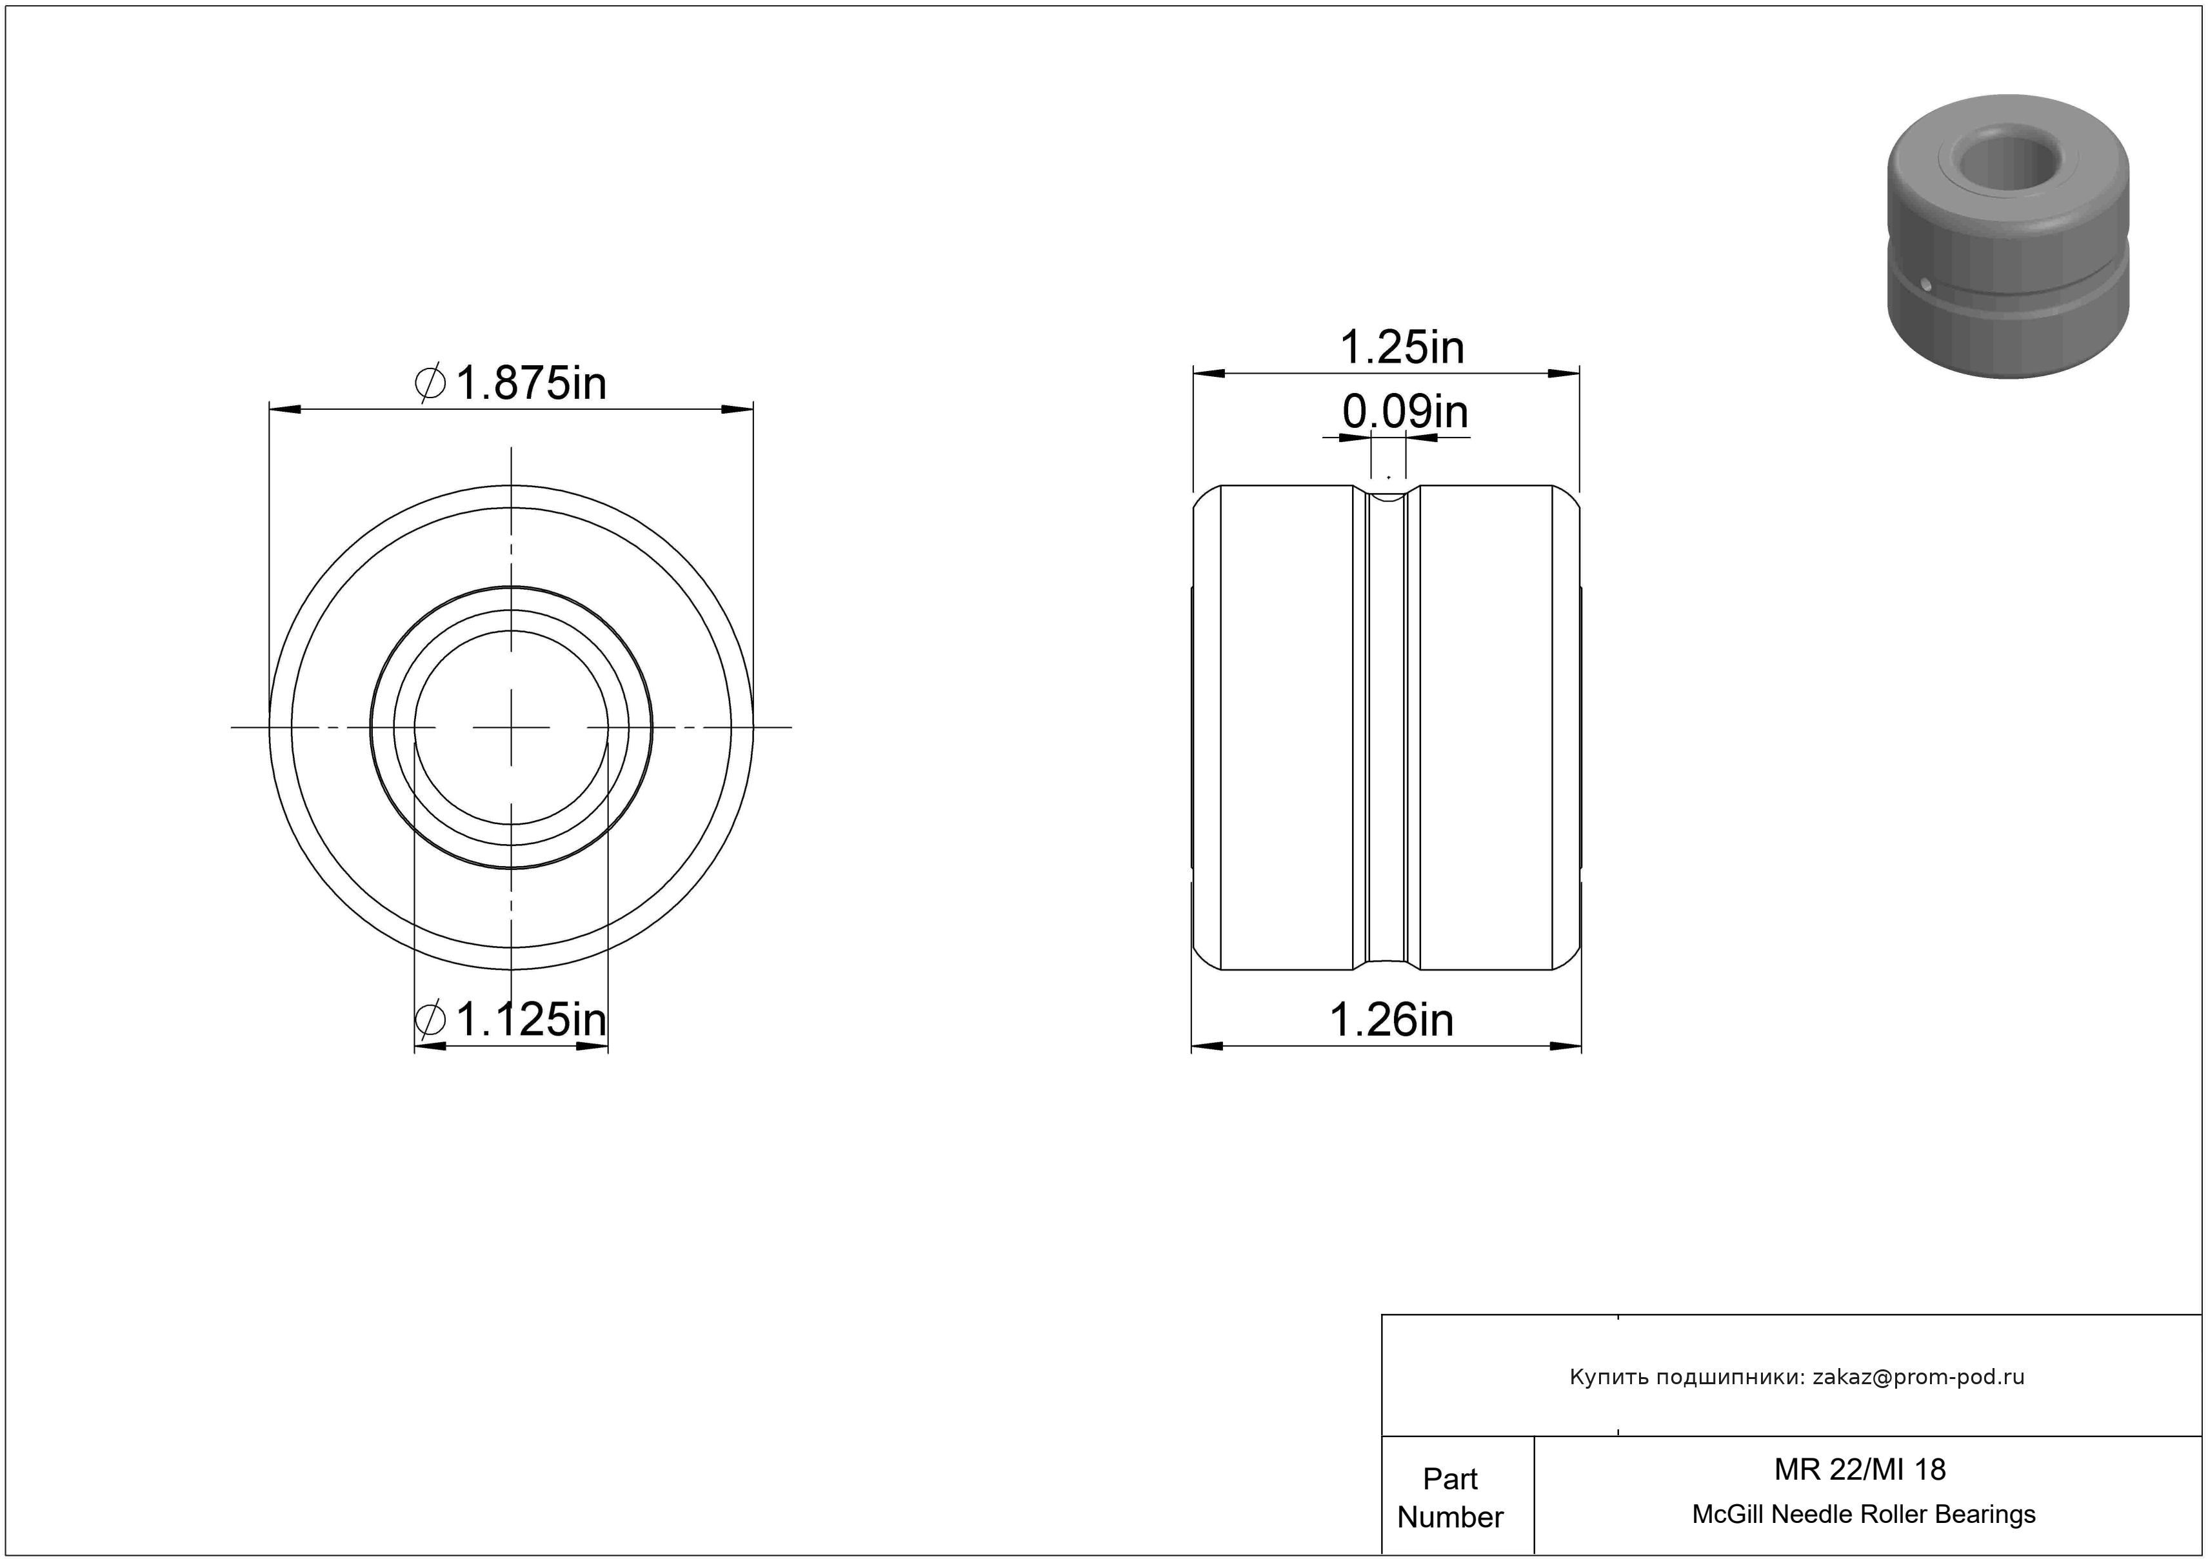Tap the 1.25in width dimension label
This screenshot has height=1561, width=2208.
pyautogui.click(x=1402, y=347)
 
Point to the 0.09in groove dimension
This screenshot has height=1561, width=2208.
pyautogui.click(x=1405, y=412)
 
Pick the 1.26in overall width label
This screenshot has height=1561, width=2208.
pyautogui.click(x=1391, y=1020)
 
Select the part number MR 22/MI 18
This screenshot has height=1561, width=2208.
pyautogui.click(x=1860, y=1469)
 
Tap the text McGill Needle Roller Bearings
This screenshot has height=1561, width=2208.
pyautogui.click(x=1864, y=1515)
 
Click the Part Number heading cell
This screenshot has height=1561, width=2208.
pyautogui.click(x=1450, y=1498)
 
